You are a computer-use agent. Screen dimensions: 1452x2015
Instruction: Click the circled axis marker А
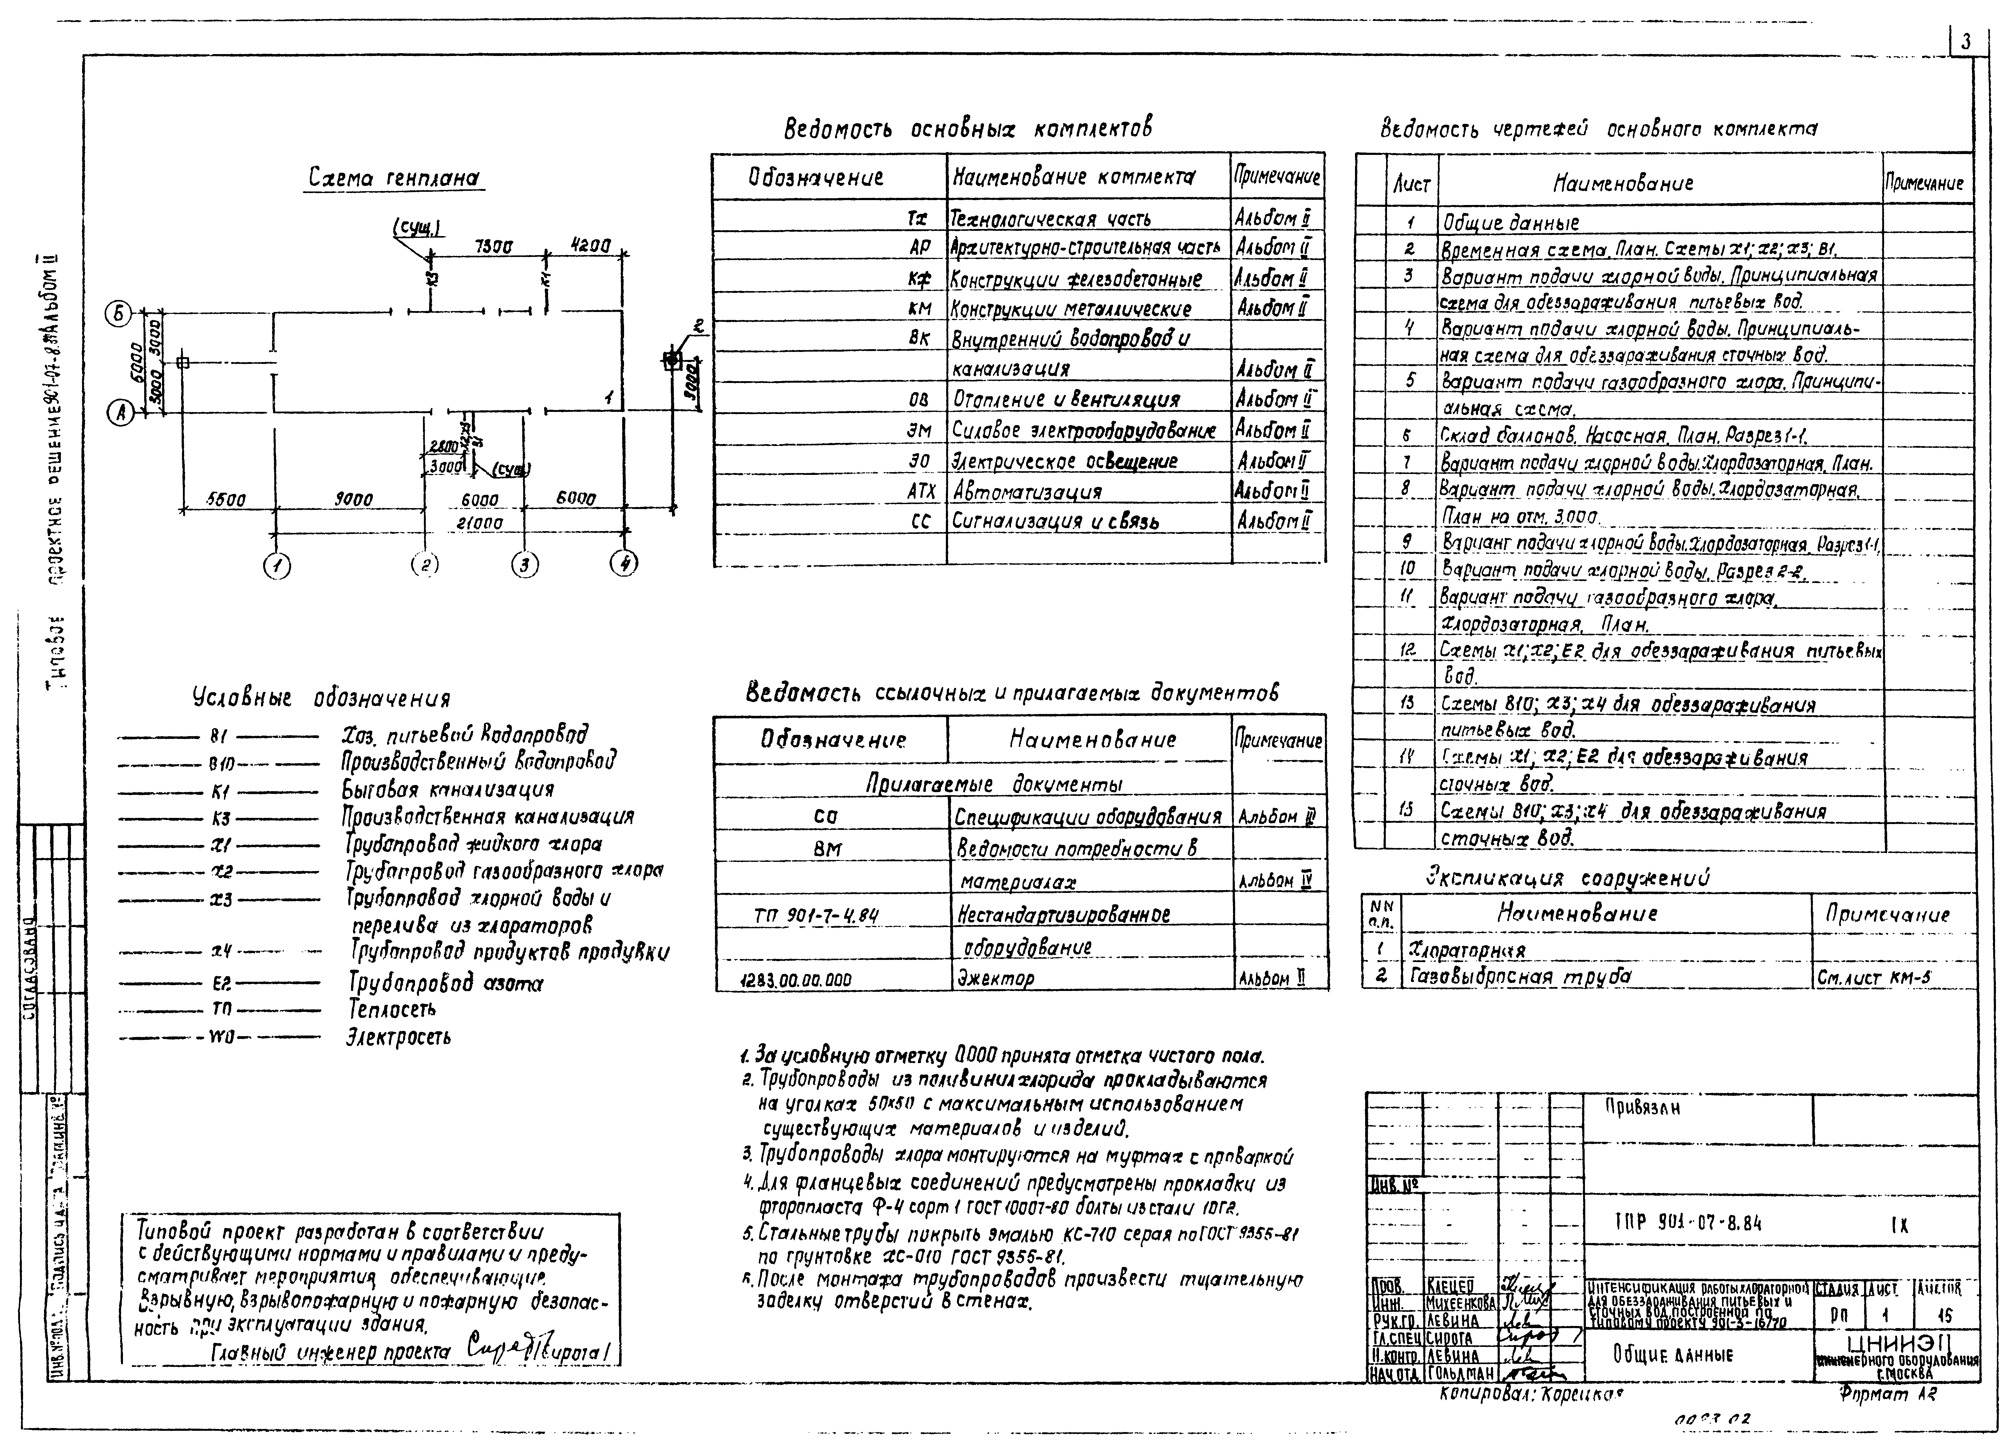[119, 412]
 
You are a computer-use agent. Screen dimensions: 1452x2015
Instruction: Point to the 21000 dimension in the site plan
[480, 524]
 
